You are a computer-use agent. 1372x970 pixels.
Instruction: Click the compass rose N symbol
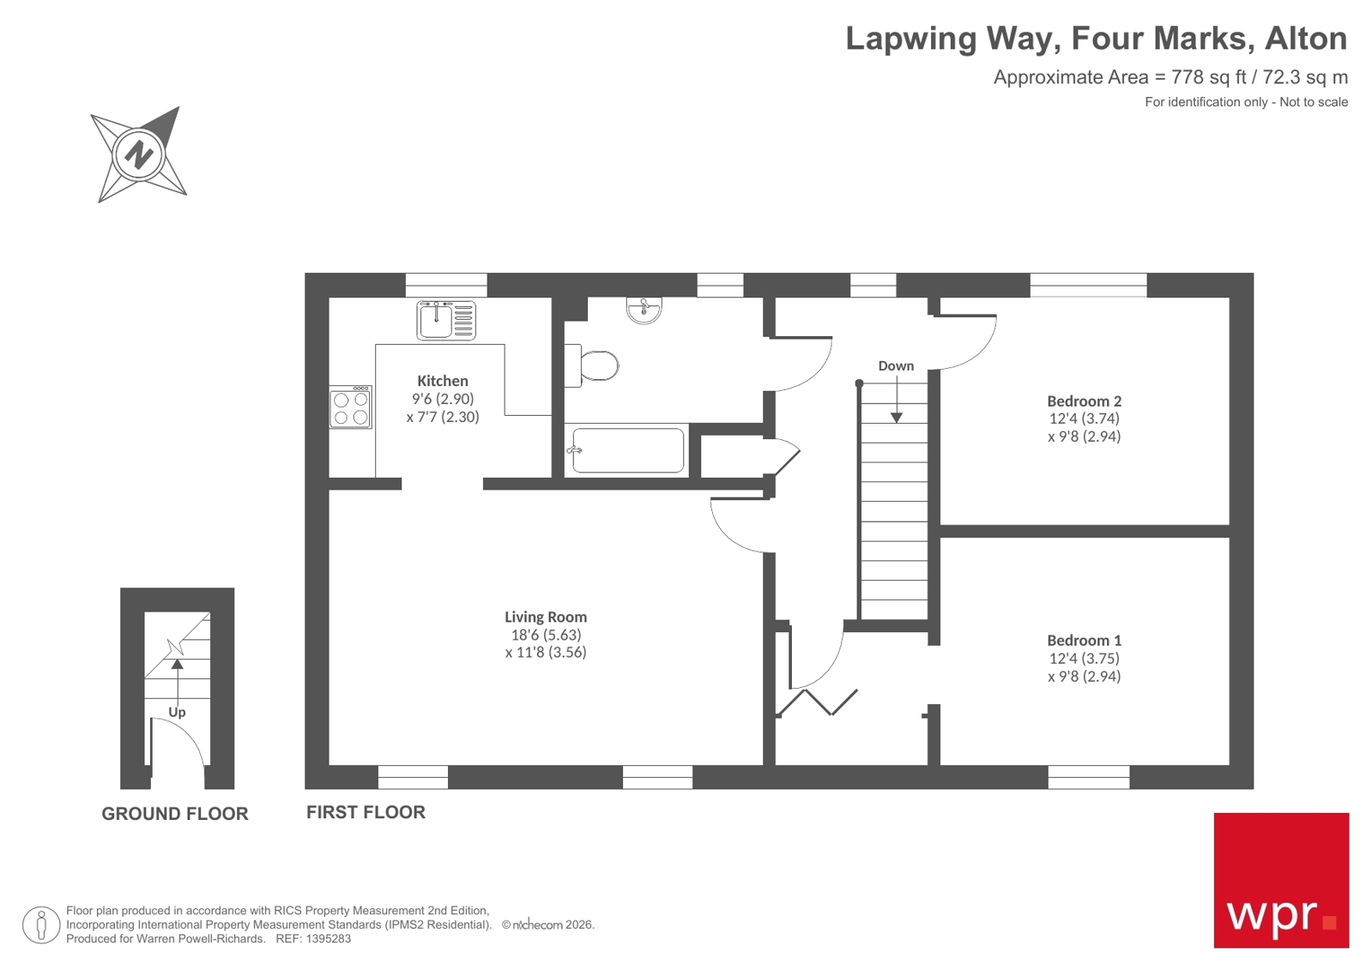[138, 155]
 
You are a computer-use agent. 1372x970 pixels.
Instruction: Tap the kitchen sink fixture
[445, 321]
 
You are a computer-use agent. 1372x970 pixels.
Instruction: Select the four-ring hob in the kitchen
[350, 408]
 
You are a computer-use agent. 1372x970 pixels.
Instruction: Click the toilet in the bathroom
[597, 366]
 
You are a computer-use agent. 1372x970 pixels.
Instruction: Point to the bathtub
[627, 450]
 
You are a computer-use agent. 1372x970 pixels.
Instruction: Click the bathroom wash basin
[644, 310]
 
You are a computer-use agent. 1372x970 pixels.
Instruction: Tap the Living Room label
[545, 617]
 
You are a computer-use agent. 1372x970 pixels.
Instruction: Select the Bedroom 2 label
[1084, 401]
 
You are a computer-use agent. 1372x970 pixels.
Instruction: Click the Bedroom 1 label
[1084, 640]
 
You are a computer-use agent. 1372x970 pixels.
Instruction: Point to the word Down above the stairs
[896, 365]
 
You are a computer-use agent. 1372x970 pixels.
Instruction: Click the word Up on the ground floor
[177, 712]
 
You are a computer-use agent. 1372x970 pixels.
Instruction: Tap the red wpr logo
[1280, 880]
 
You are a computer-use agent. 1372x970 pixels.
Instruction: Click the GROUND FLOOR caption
[175, 814]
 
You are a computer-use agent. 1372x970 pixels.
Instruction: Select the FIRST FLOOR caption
[366, 812]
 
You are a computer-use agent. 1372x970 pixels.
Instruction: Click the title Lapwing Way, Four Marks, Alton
[1096, 39]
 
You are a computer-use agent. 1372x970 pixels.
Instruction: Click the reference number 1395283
[329, 939]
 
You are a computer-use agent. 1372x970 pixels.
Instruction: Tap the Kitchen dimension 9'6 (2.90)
[442, 399]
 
